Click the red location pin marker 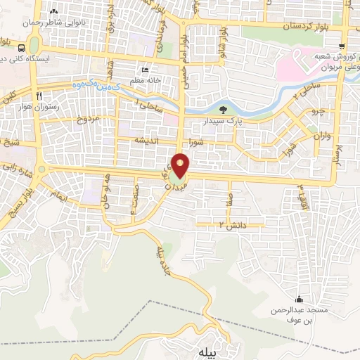(181, 165)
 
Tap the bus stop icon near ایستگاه (22, 49)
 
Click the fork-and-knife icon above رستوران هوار (40, 96)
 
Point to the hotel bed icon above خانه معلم (145, 70)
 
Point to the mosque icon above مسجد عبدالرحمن (300, 299)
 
